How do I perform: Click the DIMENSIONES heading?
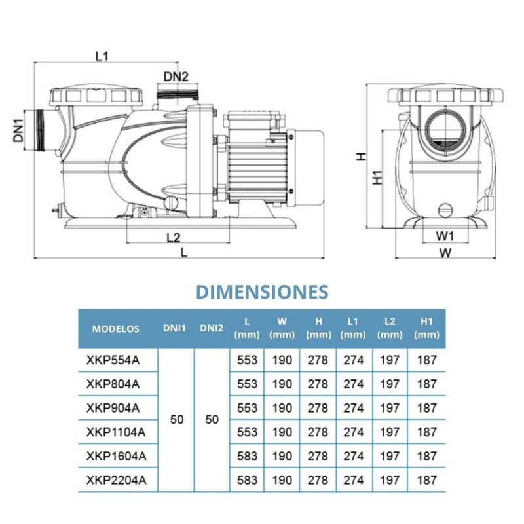(x=261, y=291)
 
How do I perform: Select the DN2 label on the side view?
(x=176, y=77)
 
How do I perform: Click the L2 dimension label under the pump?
(x=173, y=236)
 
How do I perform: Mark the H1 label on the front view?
(x=375, y=178)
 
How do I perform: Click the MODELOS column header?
(x=115, y=329)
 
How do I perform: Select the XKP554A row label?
(x=113, y=359)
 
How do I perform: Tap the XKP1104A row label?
(x=116, y=432)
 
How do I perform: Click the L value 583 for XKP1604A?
(x=246, y=457)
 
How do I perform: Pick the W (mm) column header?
(x=282, y=329)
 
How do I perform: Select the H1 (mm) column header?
(x=426, y=329)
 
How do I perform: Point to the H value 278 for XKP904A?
(x=318, y=408)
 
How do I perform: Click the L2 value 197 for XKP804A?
(x=390, y=384)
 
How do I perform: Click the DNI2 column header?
(x=212, y=329)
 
